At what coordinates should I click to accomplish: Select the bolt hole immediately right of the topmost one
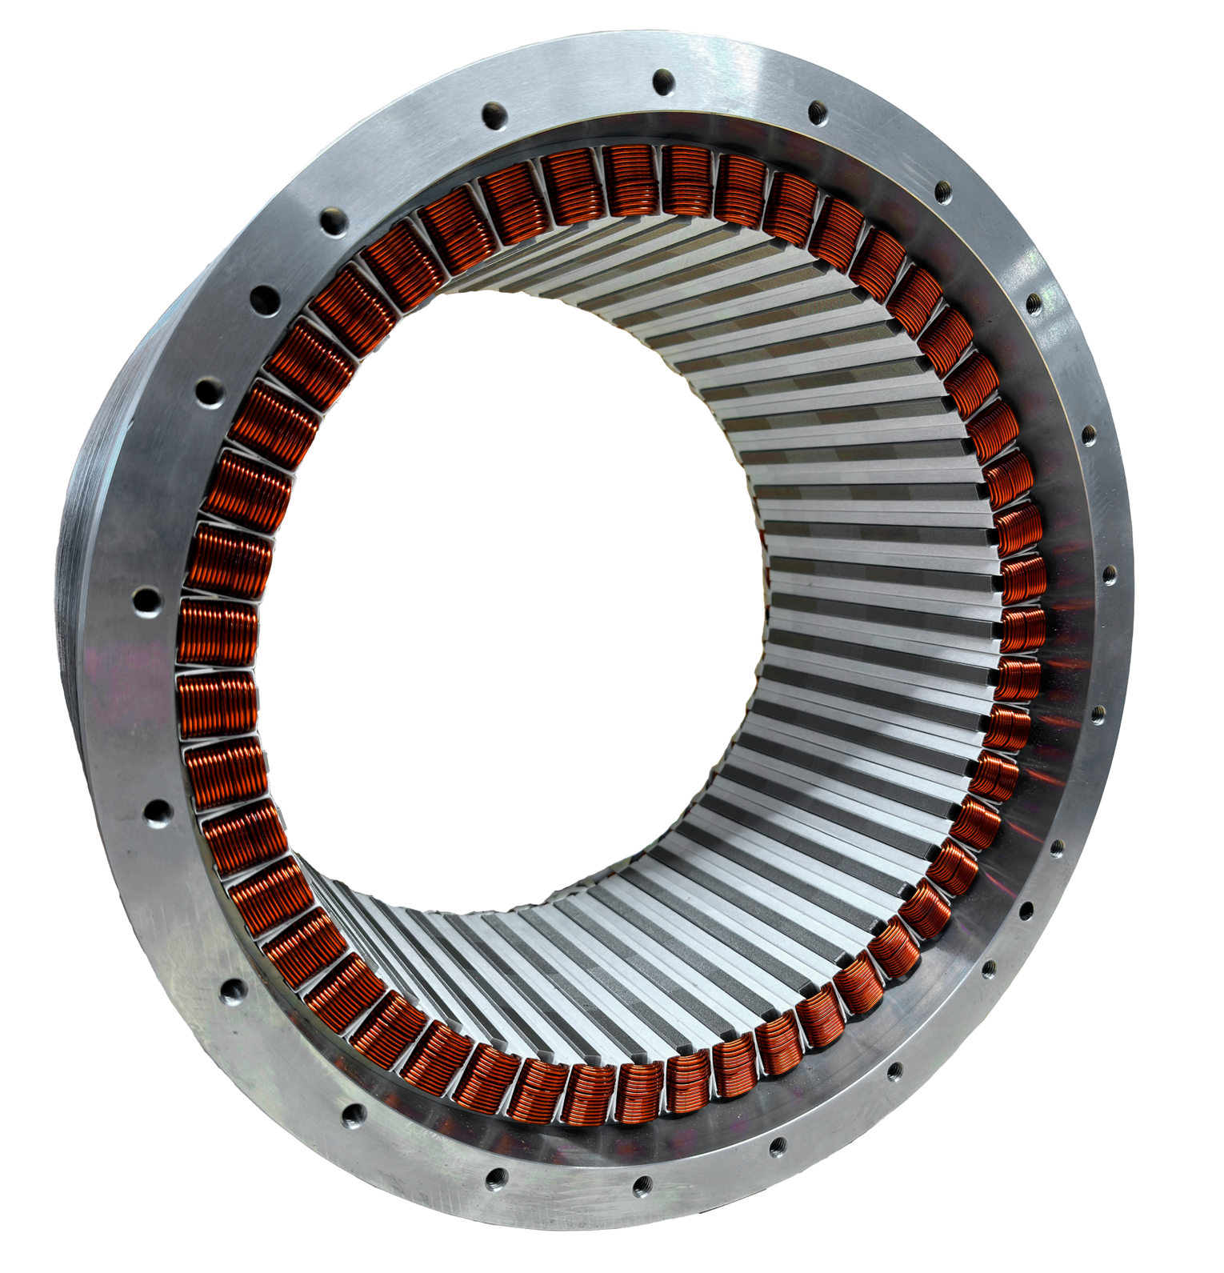[x=818, y=112]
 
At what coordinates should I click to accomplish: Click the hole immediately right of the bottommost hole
[x=774, y=1149]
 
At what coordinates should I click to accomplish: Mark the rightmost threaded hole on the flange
[x=1109, y=573]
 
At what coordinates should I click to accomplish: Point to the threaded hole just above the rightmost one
[x=1089, y=436]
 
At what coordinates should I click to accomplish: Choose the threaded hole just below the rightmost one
[x=1098, y=711]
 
